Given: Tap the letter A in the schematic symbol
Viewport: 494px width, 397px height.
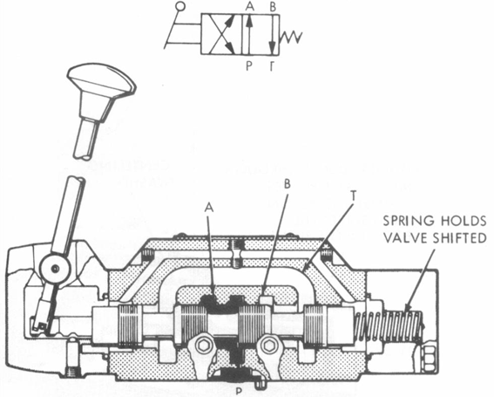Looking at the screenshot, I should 249,6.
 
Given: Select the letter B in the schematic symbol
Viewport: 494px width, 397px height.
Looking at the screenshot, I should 274,6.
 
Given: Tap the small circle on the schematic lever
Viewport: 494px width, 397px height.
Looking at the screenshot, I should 179,9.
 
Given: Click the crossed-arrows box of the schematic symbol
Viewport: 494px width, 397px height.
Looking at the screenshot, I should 218,37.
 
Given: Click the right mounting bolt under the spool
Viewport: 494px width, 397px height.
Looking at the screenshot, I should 269,346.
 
